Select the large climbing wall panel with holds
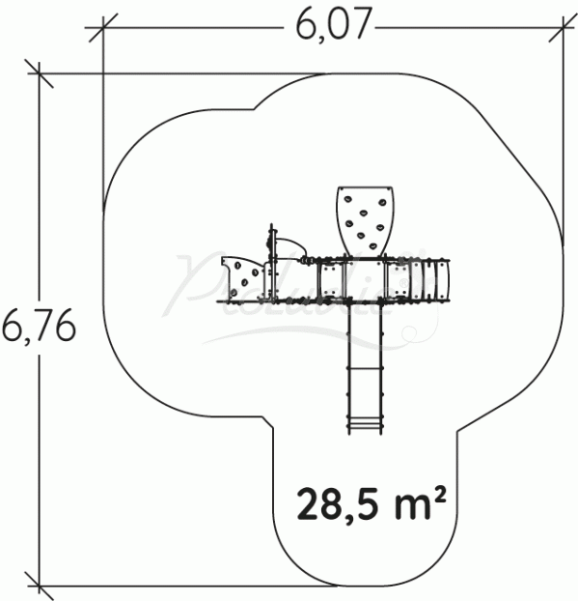364,219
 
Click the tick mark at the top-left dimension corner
102,30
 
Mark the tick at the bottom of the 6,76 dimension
39,585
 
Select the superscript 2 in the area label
440,494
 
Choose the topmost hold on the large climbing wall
366,199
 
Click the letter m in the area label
411,505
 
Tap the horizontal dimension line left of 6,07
193,30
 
